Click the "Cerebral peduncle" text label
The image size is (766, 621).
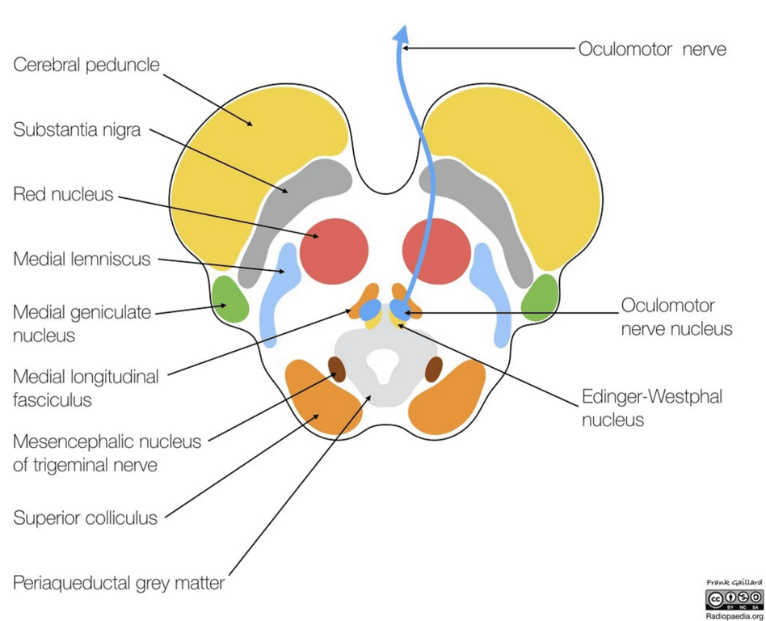tap(86, 65)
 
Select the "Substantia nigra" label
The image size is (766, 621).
tap(77, 129)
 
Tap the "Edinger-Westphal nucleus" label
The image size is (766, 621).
tap(652, 408)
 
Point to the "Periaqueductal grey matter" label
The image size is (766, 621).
tap(119, 582)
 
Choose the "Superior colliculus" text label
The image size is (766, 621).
tap(85, 517)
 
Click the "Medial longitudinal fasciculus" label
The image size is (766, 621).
tap(86, 387)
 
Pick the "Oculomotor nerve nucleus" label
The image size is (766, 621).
tap(676, 317)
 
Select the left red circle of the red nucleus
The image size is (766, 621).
tap(334, 251)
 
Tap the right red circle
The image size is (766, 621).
tap(436, 251)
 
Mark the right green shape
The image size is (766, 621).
tap(540, 298)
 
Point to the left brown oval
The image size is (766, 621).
tap(337, 369)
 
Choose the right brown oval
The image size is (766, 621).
tap(434, 369)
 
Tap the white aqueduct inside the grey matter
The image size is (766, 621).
tap(385, 367)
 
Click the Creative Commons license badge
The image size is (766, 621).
tap(733, 599)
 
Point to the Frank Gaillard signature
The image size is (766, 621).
tap(733, 582)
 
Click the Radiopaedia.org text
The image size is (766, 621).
tap(733, 615)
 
